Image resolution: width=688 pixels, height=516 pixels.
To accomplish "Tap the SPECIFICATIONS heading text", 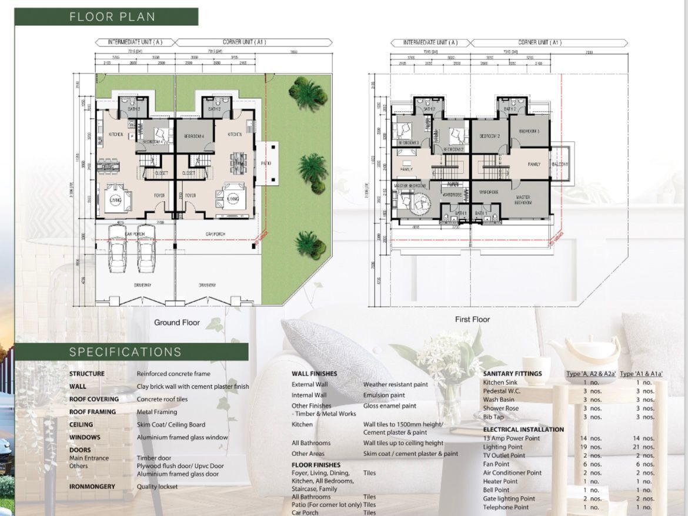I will tap(125, 352).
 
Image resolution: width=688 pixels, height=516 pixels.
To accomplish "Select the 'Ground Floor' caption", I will tap(176, 322).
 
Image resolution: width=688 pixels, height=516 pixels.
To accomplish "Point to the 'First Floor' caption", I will tap(472, 319).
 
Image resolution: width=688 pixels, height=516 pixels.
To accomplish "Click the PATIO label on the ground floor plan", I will tap(266, 163).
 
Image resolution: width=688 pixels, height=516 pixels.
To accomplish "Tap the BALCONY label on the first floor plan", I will tap(560, 164).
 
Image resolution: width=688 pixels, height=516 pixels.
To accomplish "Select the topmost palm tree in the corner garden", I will tap(308, 93).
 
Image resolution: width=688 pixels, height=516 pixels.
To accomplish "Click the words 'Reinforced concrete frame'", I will tap(173, 374).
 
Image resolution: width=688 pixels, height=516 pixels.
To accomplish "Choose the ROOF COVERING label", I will tap(93, 399).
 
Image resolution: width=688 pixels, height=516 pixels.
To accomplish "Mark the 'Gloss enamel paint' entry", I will tap(389, 406).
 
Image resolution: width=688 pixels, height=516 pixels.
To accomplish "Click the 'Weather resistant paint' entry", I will tap(395, 384).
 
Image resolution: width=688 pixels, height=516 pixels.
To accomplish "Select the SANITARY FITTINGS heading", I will tap(512, 373).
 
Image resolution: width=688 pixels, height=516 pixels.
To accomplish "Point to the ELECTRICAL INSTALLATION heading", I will tap(523, 430).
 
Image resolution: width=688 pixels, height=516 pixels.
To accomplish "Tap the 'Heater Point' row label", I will tap(500, 481).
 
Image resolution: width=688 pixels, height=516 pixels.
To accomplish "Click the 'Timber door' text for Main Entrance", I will tap(153, 458).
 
